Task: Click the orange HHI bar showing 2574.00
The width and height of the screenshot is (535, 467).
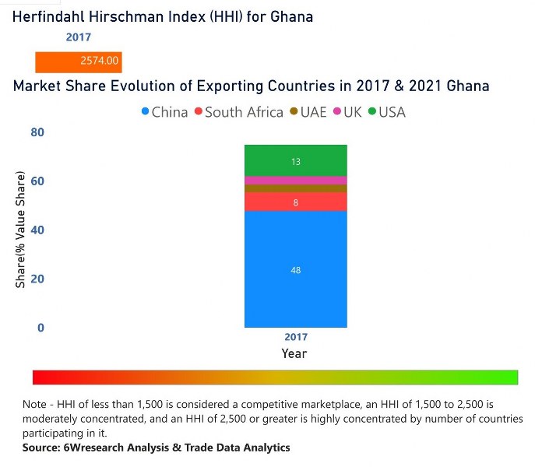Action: click(78, 61)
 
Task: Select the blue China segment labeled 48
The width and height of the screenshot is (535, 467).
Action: click(295, 269)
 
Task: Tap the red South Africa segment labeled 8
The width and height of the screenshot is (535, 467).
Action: click(295, 202)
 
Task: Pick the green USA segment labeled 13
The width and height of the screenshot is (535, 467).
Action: click(295, 161)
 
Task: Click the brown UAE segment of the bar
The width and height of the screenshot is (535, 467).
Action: click(295, 188)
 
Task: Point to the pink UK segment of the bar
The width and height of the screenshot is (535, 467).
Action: click(295, 180)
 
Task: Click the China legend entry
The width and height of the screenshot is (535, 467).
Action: click(164, 112)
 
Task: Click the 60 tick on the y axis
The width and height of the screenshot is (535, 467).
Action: click(37, 181)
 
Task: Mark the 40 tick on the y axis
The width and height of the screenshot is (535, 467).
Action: click(37, 230)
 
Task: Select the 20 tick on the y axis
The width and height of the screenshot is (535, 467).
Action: click(37, 279)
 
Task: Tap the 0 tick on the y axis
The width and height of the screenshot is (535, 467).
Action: click(40, 328)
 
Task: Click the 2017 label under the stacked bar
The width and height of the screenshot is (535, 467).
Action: click(296, 338)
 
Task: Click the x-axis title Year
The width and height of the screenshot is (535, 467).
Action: click(294, 353)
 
